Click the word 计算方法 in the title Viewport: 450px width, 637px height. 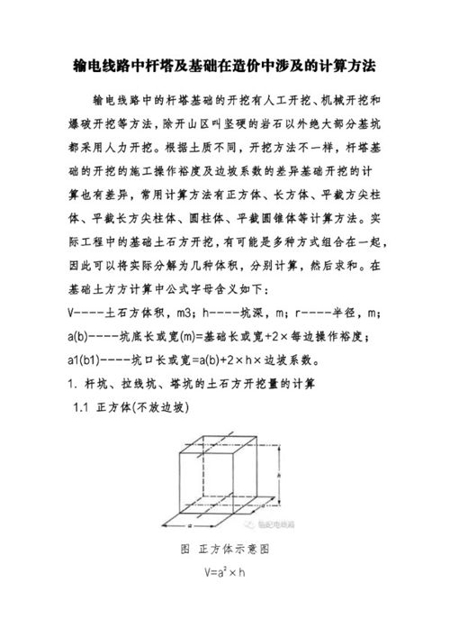[x=343, y=67]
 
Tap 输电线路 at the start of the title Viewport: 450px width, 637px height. [x=95, y=67]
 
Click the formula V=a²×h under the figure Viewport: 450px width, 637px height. [x=225, y=571]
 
